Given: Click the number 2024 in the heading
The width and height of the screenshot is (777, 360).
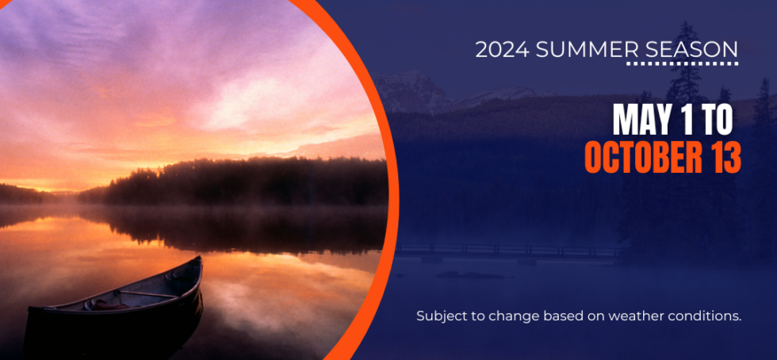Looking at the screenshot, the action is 503,50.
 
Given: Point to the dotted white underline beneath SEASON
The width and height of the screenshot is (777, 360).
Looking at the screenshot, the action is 683,63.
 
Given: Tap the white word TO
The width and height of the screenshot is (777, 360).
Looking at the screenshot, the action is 717,120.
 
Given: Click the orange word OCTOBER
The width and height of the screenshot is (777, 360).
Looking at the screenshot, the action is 641,157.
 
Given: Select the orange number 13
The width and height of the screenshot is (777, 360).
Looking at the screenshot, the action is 723,157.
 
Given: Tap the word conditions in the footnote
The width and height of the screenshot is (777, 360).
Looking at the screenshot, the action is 699,316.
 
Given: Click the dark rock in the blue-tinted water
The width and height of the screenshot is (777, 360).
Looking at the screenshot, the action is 471,274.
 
